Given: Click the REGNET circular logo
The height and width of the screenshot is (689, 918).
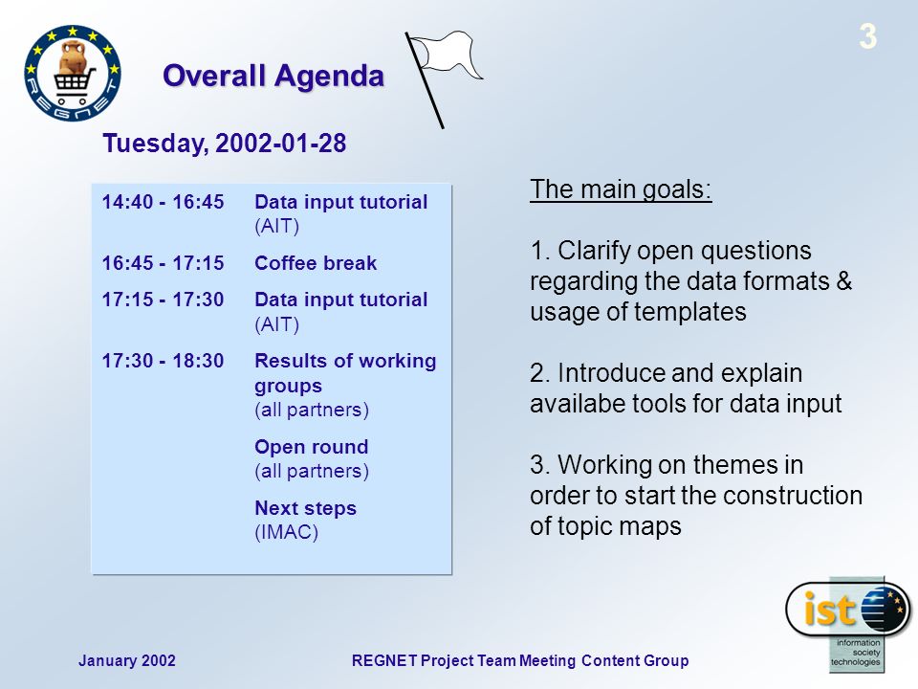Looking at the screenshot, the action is pos(73,73).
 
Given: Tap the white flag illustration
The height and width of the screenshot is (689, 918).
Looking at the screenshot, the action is pos(443,79).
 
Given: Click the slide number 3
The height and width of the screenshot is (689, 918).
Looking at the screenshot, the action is pos(867,36).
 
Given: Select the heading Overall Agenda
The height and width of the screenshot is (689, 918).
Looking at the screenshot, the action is pos(273,76).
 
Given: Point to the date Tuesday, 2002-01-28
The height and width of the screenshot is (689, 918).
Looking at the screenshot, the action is pos(224,143).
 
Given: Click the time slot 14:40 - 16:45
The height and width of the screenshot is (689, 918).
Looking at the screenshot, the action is pos(163,202).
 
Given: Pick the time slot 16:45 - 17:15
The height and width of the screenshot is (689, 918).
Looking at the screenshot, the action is pos(163,263).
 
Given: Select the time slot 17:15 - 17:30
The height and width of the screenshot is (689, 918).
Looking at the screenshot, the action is pos(163,300).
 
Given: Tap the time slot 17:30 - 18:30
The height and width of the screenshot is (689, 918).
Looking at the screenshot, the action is pos(163,361).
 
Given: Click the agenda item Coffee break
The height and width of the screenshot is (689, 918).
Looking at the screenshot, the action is pos(316,263).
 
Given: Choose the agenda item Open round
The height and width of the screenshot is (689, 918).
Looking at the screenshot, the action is pos(312,447).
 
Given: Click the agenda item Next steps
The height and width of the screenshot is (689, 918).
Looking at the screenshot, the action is pos(306,508).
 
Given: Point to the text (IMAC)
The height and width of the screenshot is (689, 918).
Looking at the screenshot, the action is pos(286,532).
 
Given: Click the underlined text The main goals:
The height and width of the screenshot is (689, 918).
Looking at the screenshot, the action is pos(621,189).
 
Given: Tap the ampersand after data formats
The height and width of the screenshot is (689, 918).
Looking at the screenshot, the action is pos(843,281).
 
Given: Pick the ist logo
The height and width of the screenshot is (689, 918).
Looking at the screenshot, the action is pos(848,623).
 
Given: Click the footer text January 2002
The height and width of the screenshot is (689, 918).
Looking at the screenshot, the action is pos(127,661).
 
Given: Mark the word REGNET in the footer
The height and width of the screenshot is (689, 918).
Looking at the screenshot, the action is pos(384,661).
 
